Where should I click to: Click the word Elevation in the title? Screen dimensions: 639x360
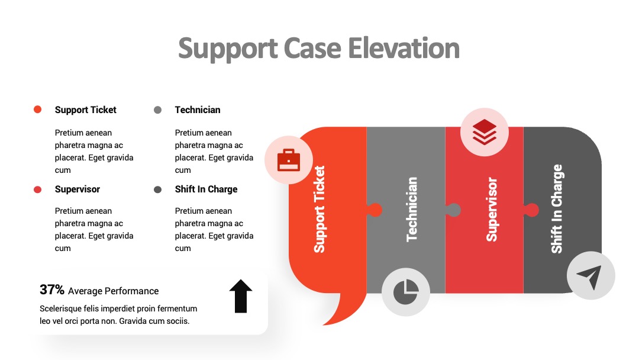[404, 48]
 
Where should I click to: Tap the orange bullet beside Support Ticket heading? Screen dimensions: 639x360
[37, 110]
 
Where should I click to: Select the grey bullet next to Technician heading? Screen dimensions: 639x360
[158, 110]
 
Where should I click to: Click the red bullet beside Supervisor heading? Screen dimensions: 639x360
[37, 189]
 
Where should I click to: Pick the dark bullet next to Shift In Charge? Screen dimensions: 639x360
[158, 189]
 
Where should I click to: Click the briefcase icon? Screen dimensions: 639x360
[289, 160]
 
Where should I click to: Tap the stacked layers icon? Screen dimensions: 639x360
[485, 131]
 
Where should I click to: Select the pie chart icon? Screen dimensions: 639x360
[406, 292]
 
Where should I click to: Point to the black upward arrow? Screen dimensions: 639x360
[241, 296]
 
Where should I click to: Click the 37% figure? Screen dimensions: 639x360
[51, 290]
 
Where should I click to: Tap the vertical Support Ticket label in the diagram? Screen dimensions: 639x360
[319, 209]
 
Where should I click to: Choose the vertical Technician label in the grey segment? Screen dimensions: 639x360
[412, 209]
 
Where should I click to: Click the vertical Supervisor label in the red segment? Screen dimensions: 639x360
[492, 209]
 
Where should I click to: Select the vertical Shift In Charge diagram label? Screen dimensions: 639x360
[557, 209]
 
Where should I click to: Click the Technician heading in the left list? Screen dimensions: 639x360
[198, 110]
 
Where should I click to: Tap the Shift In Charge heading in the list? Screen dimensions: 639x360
[206, 189]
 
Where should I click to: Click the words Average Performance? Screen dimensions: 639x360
[113, 291]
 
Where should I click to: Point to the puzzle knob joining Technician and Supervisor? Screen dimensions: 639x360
[453, 210]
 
